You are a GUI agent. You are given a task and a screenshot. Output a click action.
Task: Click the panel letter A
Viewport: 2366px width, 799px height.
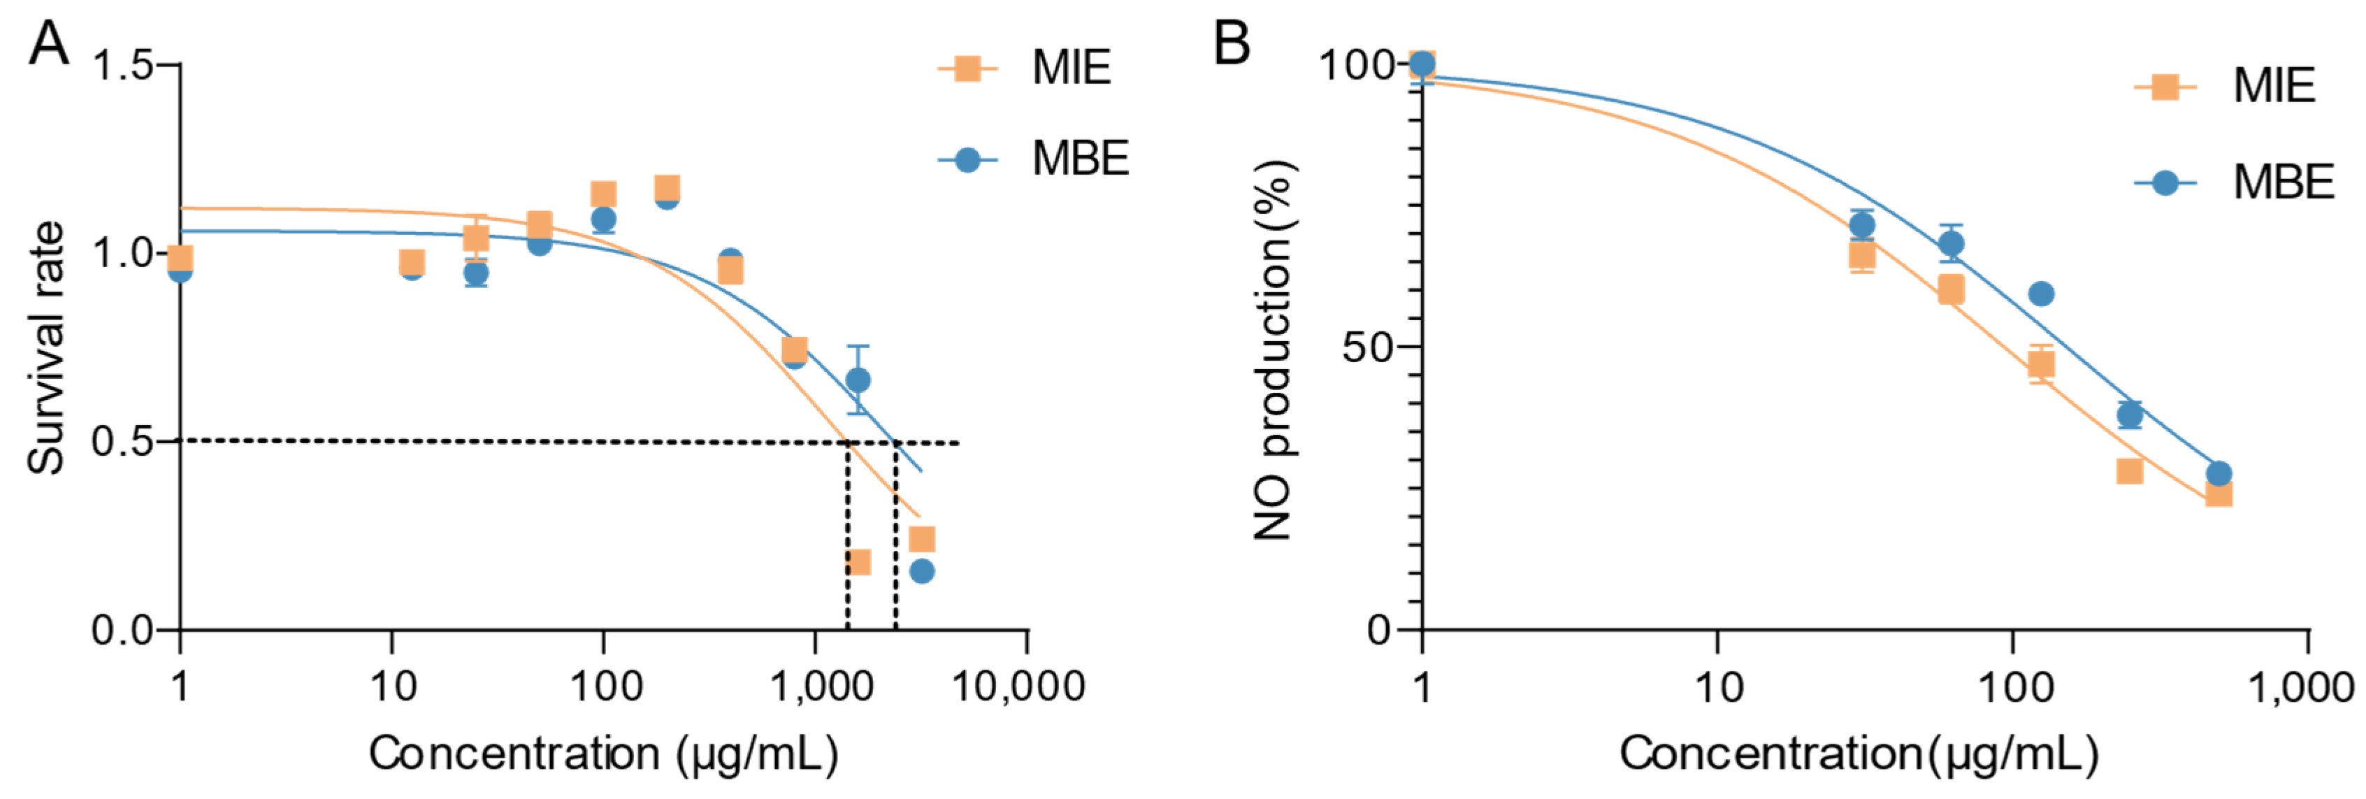click(49, 43)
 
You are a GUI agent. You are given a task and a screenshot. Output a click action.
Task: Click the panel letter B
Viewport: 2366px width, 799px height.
click(1232, 43)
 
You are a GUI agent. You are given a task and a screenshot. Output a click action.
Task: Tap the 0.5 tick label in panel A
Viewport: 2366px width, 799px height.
click(122, 442)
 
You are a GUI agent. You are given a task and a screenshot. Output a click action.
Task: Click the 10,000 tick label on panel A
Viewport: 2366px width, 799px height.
click(1018, 686)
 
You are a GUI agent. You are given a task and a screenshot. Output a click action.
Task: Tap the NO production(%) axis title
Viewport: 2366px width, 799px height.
click(1275, 349)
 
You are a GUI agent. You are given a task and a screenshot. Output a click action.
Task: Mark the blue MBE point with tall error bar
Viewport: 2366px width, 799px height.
click(858, 380)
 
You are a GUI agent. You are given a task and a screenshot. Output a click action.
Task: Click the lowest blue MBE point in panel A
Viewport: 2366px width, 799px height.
click(921, 571)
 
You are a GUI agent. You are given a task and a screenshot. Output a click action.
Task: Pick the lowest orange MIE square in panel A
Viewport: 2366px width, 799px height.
click(858, 561)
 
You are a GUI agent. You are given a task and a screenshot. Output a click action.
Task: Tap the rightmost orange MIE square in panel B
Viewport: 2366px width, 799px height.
click(2218, 494)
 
